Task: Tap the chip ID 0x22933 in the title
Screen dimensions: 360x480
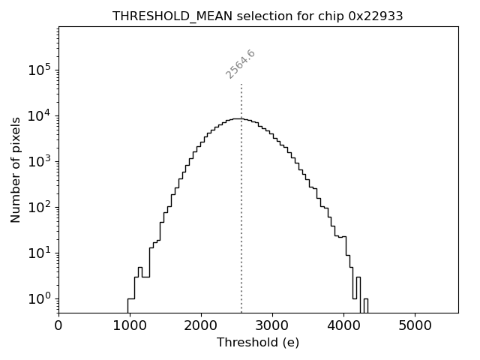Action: pos(376,16)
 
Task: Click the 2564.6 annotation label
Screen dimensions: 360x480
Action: pos(241,64)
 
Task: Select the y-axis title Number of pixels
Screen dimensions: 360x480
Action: pos(16,169)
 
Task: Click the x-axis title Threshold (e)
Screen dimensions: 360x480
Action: pos(258,343)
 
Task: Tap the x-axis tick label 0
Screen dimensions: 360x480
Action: pos(58,325)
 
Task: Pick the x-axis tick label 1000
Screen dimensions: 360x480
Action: pos(130,325)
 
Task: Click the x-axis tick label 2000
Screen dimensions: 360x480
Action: pos(201,325)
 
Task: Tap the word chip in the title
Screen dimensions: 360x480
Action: pos(331,16)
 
